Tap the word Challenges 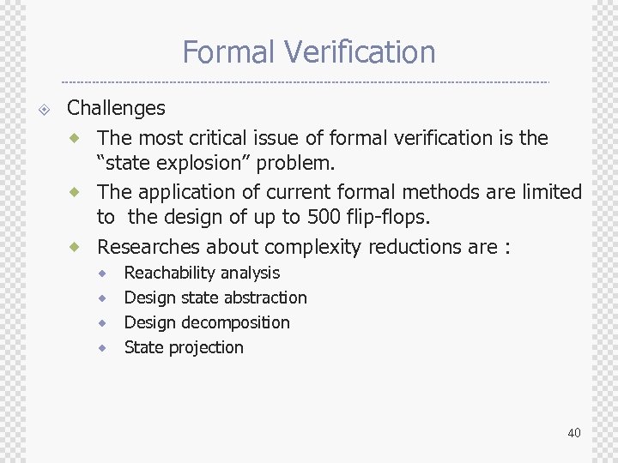tap(116, 108)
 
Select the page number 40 tap(574, 433)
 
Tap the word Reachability tap(168, 274)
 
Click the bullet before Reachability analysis tap(102, 274)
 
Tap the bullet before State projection tap(102, 348)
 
